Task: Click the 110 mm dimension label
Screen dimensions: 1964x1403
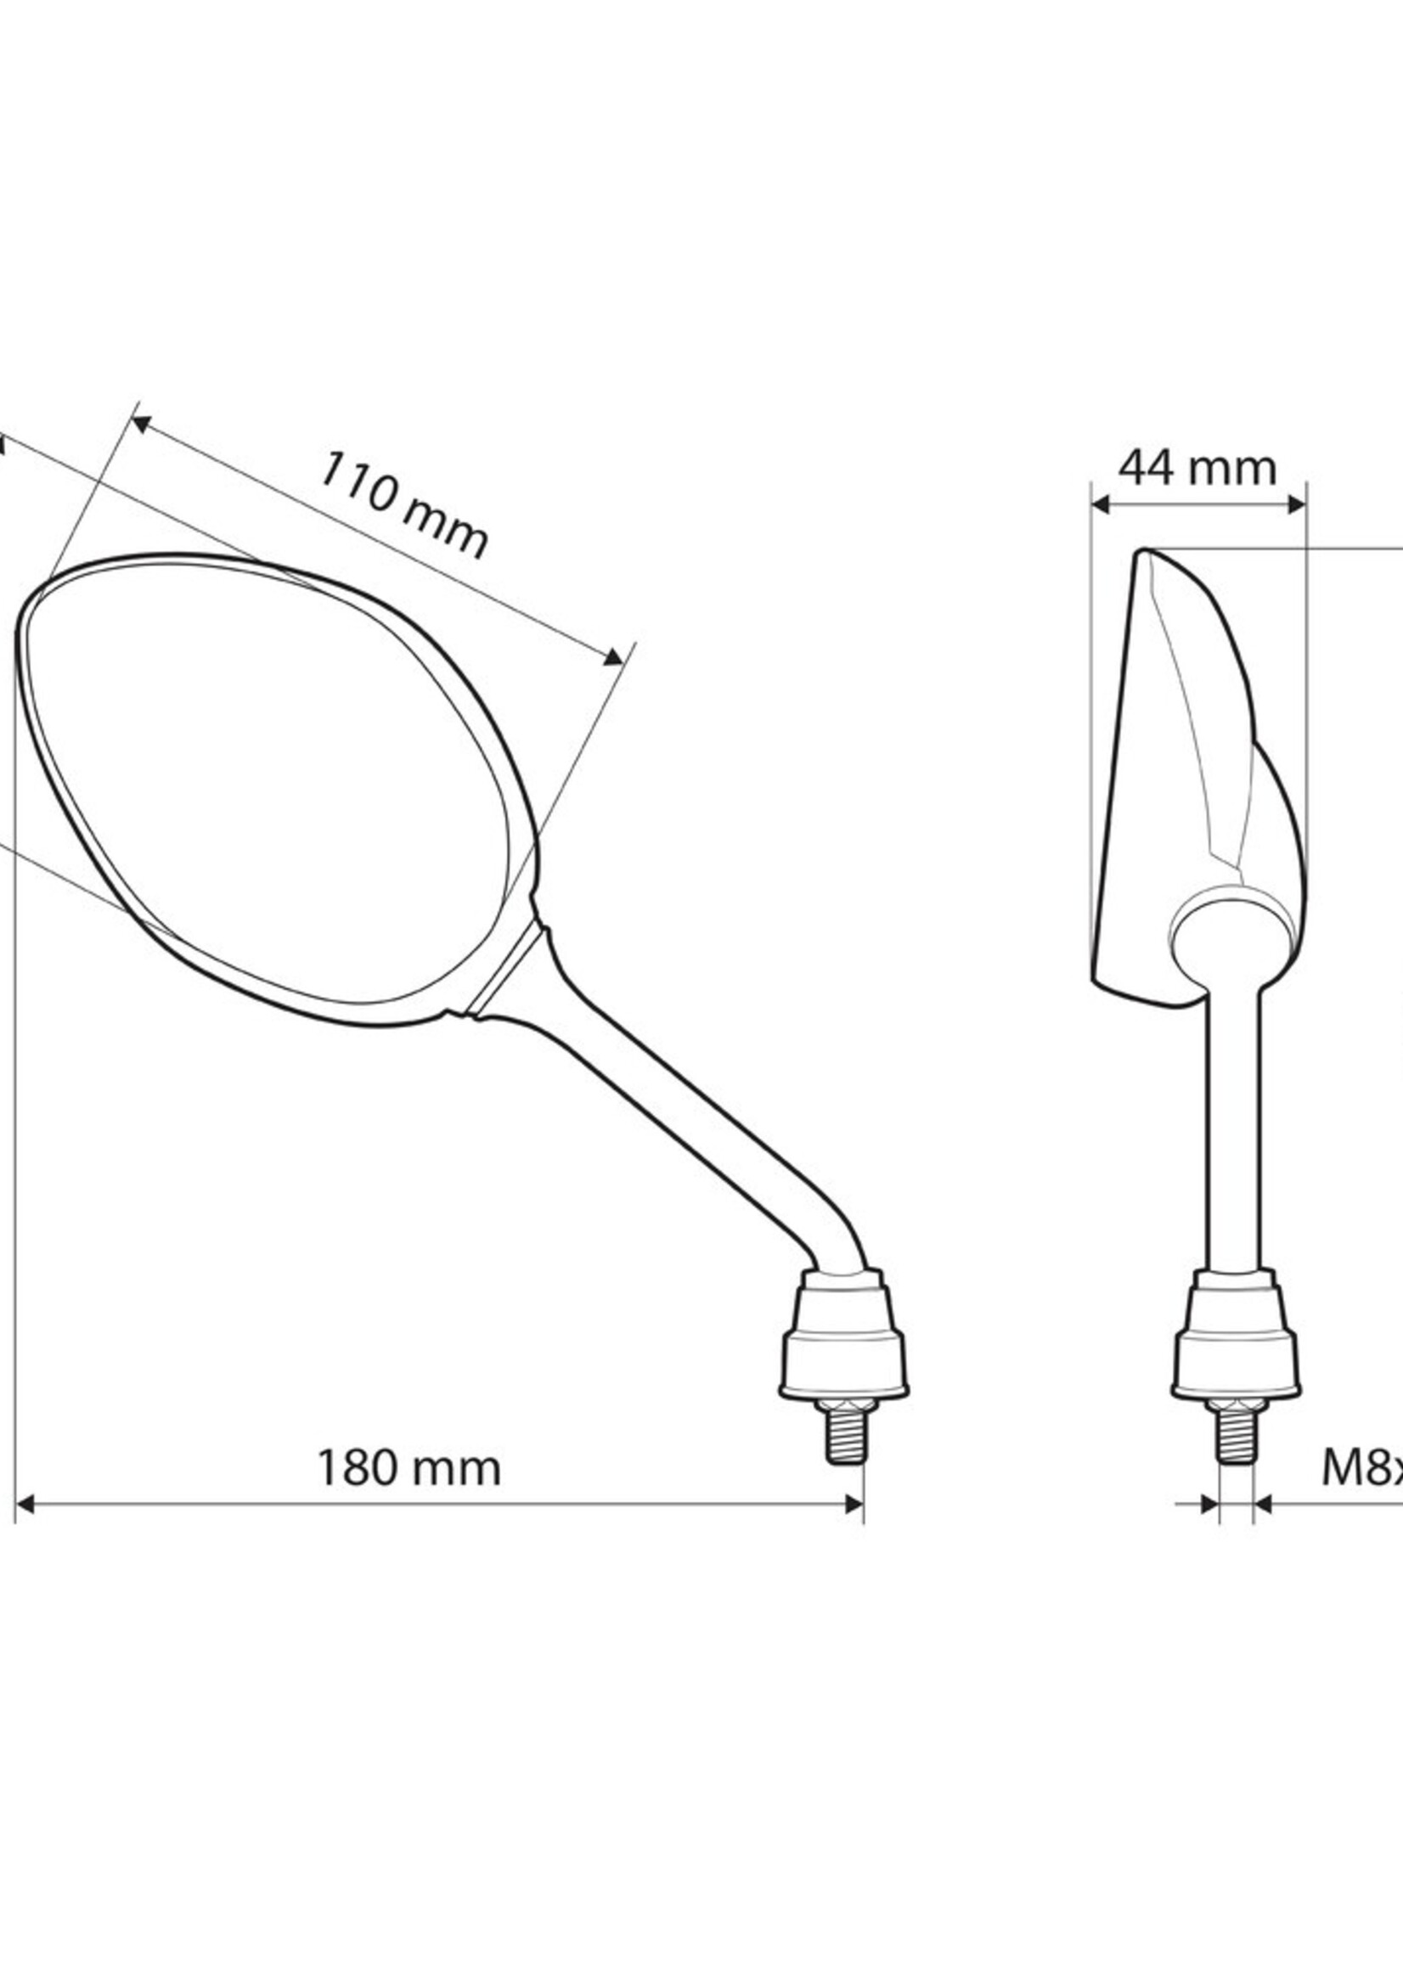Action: click(404, 506)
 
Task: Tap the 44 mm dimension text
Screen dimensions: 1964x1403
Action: click(1197, 469)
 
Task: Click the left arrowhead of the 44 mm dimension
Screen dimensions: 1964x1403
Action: click(1101, 505)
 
